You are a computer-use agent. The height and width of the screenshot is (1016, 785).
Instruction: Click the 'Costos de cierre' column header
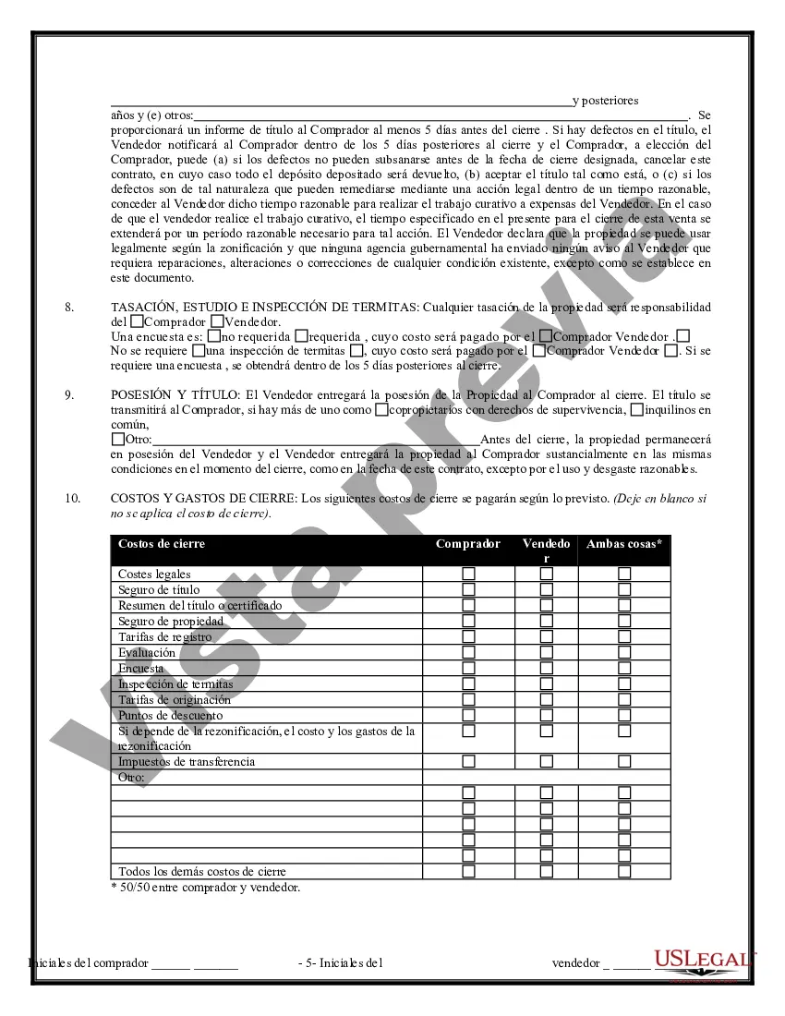[162, 544]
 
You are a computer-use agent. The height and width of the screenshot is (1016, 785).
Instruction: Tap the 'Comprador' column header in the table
[468, 544]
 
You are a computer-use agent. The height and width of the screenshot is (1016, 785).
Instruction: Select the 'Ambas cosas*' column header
[624, 544]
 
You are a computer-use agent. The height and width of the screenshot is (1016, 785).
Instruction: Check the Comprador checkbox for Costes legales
[469, 574]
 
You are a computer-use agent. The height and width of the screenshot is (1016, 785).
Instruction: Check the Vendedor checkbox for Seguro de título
[547, 589]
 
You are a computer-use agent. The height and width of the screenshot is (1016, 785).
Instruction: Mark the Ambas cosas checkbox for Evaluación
[624, 652]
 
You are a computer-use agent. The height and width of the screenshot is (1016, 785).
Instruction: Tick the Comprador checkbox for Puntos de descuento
[469, 715]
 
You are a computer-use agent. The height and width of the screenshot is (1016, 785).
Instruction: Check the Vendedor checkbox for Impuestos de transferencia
[547, 762]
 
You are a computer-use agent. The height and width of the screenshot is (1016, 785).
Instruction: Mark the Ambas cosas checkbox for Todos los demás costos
[624, 871]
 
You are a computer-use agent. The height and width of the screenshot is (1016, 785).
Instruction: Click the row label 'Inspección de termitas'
[175, 684]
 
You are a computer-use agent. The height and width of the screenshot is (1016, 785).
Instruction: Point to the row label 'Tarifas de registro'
[164, 637]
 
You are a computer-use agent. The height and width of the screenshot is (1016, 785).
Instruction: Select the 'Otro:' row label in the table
[132, 778]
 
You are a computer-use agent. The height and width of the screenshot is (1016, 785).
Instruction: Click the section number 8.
[70, 307]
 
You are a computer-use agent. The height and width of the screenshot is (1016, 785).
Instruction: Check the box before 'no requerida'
[214, 336]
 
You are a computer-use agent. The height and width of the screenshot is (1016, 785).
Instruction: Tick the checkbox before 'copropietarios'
[381, 409]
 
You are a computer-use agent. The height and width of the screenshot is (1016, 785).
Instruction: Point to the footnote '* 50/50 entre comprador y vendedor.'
[205, 888]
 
